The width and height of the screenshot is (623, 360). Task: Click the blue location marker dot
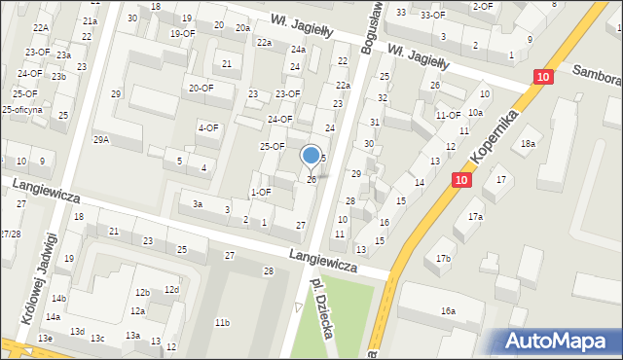click(311, 154)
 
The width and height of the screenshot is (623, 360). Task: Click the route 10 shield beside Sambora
click(542, 76)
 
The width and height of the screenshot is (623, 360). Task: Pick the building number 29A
click(101, 140)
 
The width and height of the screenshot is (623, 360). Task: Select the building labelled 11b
click(223, 322)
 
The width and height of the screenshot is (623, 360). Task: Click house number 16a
click(447, 310)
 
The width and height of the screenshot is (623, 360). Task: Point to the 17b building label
click(443, 258)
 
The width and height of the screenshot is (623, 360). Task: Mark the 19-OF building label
click(183, 34)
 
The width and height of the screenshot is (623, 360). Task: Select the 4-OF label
click(208, 127)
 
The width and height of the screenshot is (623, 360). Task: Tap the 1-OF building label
click(260, 192)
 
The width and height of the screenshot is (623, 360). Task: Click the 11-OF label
click(448, 115)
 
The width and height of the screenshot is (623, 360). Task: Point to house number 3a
click(197, 204)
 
